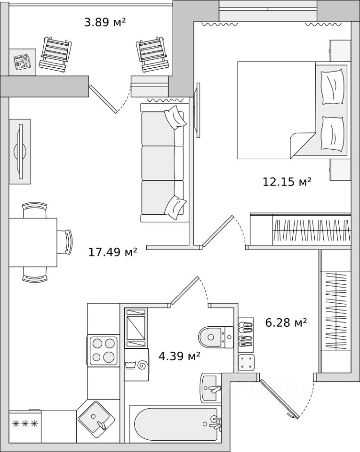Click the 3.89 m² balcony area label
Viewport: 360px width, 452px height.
pyautogui.click(x=105, y=22)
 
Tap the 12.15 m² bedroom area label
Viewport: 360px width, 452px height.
pyautogui.click(x=287, y=181)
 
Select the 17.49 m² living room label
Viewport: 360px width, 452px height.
pyautogui.click(x=112, y=252)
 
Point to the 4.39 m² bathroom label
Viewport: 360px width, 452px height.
pyautogui.click(x=179, y=356)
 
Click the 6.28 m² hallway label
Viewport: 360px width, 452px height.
pyautogui.click(x=286, y=323)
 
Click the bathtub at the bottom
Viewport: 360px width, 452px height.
pyautogui.click(x=176, y=424)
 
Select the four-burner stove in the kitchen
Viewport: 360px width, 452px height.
pyautogui.click(x=103, y=349)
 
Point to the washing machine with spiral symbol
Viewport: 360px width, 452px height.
pyautogui.click(x=136, y=365)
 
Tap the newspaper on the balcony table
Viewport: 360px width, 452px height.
pyautogui.click(x=22, y=62)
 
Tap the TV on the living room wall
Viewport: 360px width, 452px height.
pyautogui.click(x=20, y=151)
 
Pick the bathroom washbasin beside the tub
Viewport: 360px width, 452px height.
pyautogui.click(x=210, y=388)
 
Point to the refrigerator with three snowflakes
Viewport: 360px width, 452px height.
pyautogui.click(x=25, y=426)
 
